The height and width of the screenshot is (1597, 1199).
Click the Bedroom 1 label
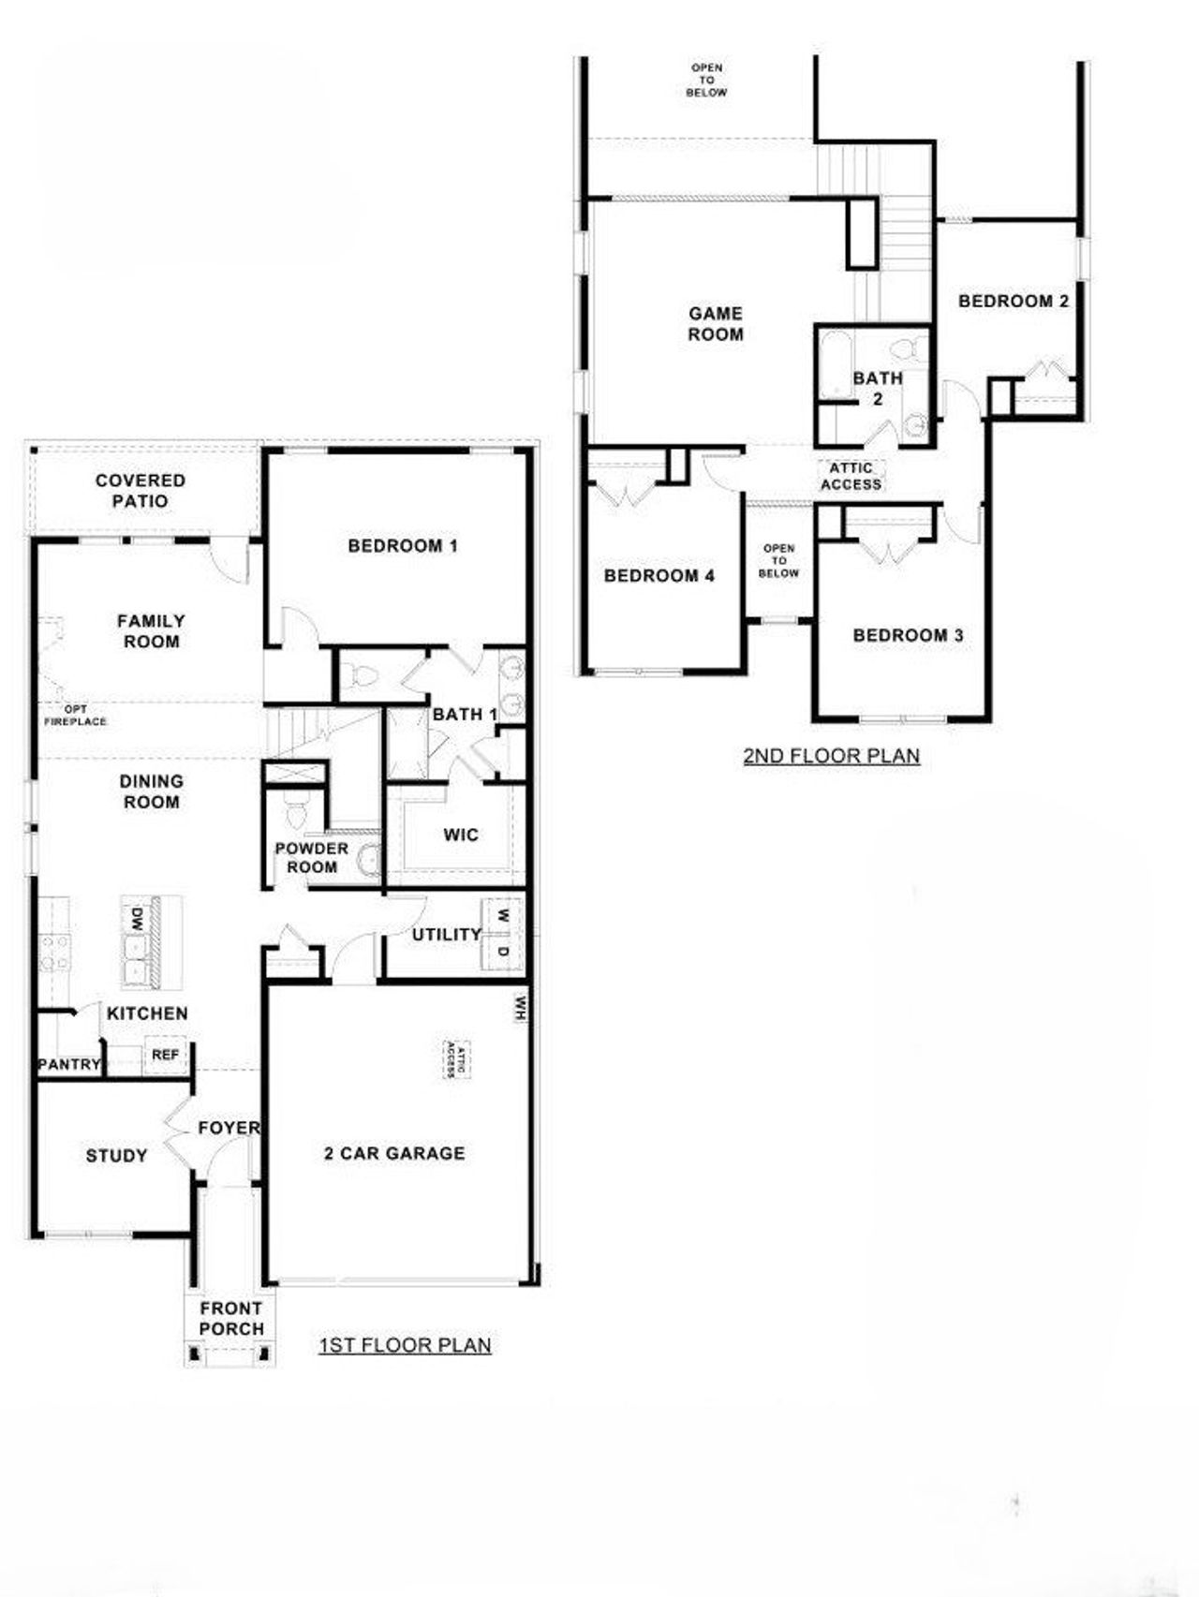tap(403, 546)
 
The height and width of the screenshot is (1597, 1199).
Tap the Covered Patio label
tap(141, 491)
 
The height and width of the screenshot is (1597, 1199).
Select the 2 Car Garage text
tap(394, 1154)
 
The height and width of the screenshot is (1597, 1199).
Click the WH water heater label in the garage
tap(520, 1008)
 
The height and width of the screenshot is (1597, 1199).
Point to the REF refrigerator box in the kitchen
tap(165, 1056)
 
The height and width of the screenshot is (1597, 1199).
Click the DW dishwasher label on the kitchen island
tap(137, 918)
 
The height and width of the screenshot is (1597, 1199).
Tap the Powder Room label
tap(311, 858)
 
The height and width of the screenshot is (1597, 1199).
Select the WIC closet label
tap(460, 835)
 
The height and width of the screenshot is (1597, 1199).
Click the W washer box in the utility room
tap(503, 915)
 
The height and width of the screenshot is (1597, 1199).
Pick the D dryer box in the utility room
tap(503, 952)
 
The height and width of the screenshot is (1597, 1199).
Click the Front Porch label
tap(231, 1319)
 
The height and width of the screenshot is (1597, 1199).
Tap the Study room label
tap(117, 1157)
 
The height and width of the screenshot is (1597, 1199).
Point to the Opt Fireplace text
tap(75, 716)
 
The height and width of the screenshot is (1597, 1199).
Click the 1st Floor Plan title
tap(405, 1346)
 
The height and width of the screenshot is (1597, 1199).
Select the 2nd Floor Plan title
tap(831, 756)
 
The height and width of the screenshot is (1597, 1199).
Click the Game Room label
tap(716, 324)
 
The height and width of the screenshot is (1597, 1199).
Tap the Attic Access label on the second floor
tap(851, 477)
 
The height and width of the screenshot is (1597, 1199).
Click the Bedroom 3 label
tap(908, 636)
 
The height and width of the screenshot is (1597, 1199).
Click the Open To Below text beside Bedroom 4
tap(778, 561)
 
